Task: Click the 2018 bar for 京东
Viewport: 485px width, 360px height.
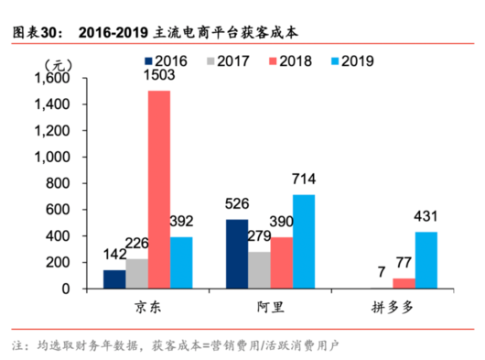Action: tap(159, 189)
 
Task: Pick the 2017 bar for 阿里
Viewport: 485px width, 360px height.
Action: tap(260, 270)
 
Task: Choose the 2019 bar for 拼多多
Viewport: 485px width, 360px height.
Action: tap(427, 259)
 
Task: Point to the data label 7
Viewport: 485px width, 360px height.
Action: tap(381, 270)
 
